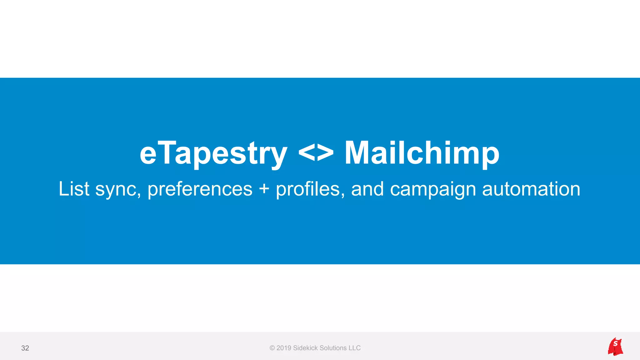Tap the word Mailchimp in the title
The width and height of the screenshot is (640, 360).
(x=422, y=153)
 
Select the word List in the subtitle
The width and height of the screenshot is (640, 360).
(x=74, y=189)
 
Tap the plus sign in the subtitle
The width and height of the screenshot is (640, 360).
(x=264, y=189)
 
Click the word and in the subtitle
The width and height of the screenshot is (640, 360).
(x=367, y=189)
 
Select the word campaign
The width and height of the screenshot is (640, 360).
(x=433, y=190)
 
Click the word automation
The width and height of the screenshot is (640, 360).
(x=531, y=189)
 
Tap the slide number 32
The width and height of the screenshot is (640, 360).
(x=25, y=348)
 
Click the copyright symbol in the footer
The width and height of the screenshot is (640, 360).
(x=272, y=348)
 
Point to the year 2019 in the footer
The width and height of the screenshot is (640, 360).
(x=284, y=348)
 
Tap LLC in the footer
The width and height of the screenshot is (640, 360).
(x=355, y=348)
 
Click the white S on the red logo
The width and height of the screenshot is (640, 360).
(x=615, y=344)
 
